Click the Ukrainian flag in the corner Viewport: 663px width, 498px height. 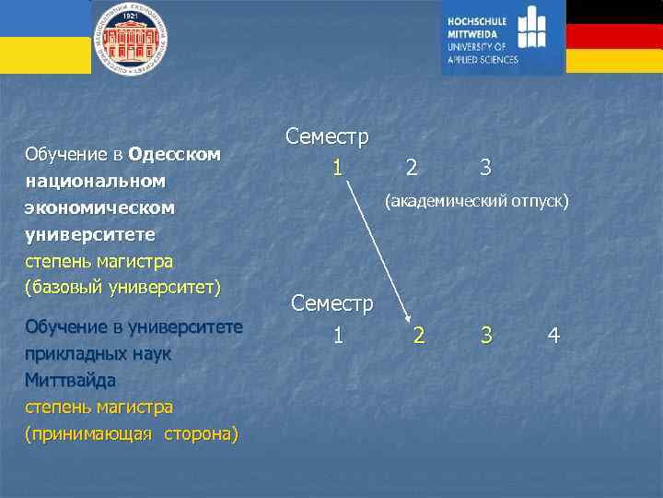(44, 36)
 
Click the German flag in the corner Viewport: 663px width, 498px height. (613, 36)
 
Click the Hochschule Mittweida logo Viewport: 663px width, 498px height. (502, 37)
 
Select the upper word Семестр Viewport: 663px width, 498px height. (327, 137)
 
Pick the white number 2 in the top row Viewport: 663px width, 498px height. (412, 168)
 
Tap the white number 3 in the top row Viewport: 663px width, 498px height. (485, 168)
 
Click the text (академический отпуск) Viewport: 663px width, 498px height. (477, 200)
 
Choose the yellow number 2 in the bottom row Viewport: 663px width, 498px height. (419, 336)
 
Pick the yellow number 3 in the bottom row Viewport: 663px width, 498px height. (485, 336)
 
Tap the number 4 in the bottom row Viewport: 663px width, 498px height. (553, 336)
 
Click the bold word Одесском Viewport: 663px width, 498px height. (175, 154)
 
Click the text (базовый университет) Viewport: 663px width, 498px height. (123, 287)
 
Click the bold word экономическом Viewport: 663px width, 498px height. (99, 207)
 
